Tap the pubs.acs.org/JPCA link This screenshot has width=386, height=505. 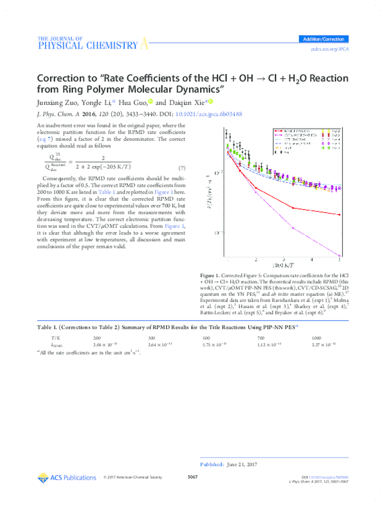329,49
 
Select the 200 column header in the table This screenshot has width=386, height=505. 96,337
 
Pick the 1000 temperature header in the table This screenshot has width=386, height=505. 317,337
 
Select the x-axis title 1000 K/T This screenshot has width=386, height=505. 284,265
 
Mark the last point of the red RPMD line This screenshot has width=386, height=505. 339,214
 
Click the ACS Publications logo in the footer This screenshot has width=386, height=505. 67,477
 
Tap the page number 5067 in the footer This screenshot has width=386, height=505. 192,477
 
